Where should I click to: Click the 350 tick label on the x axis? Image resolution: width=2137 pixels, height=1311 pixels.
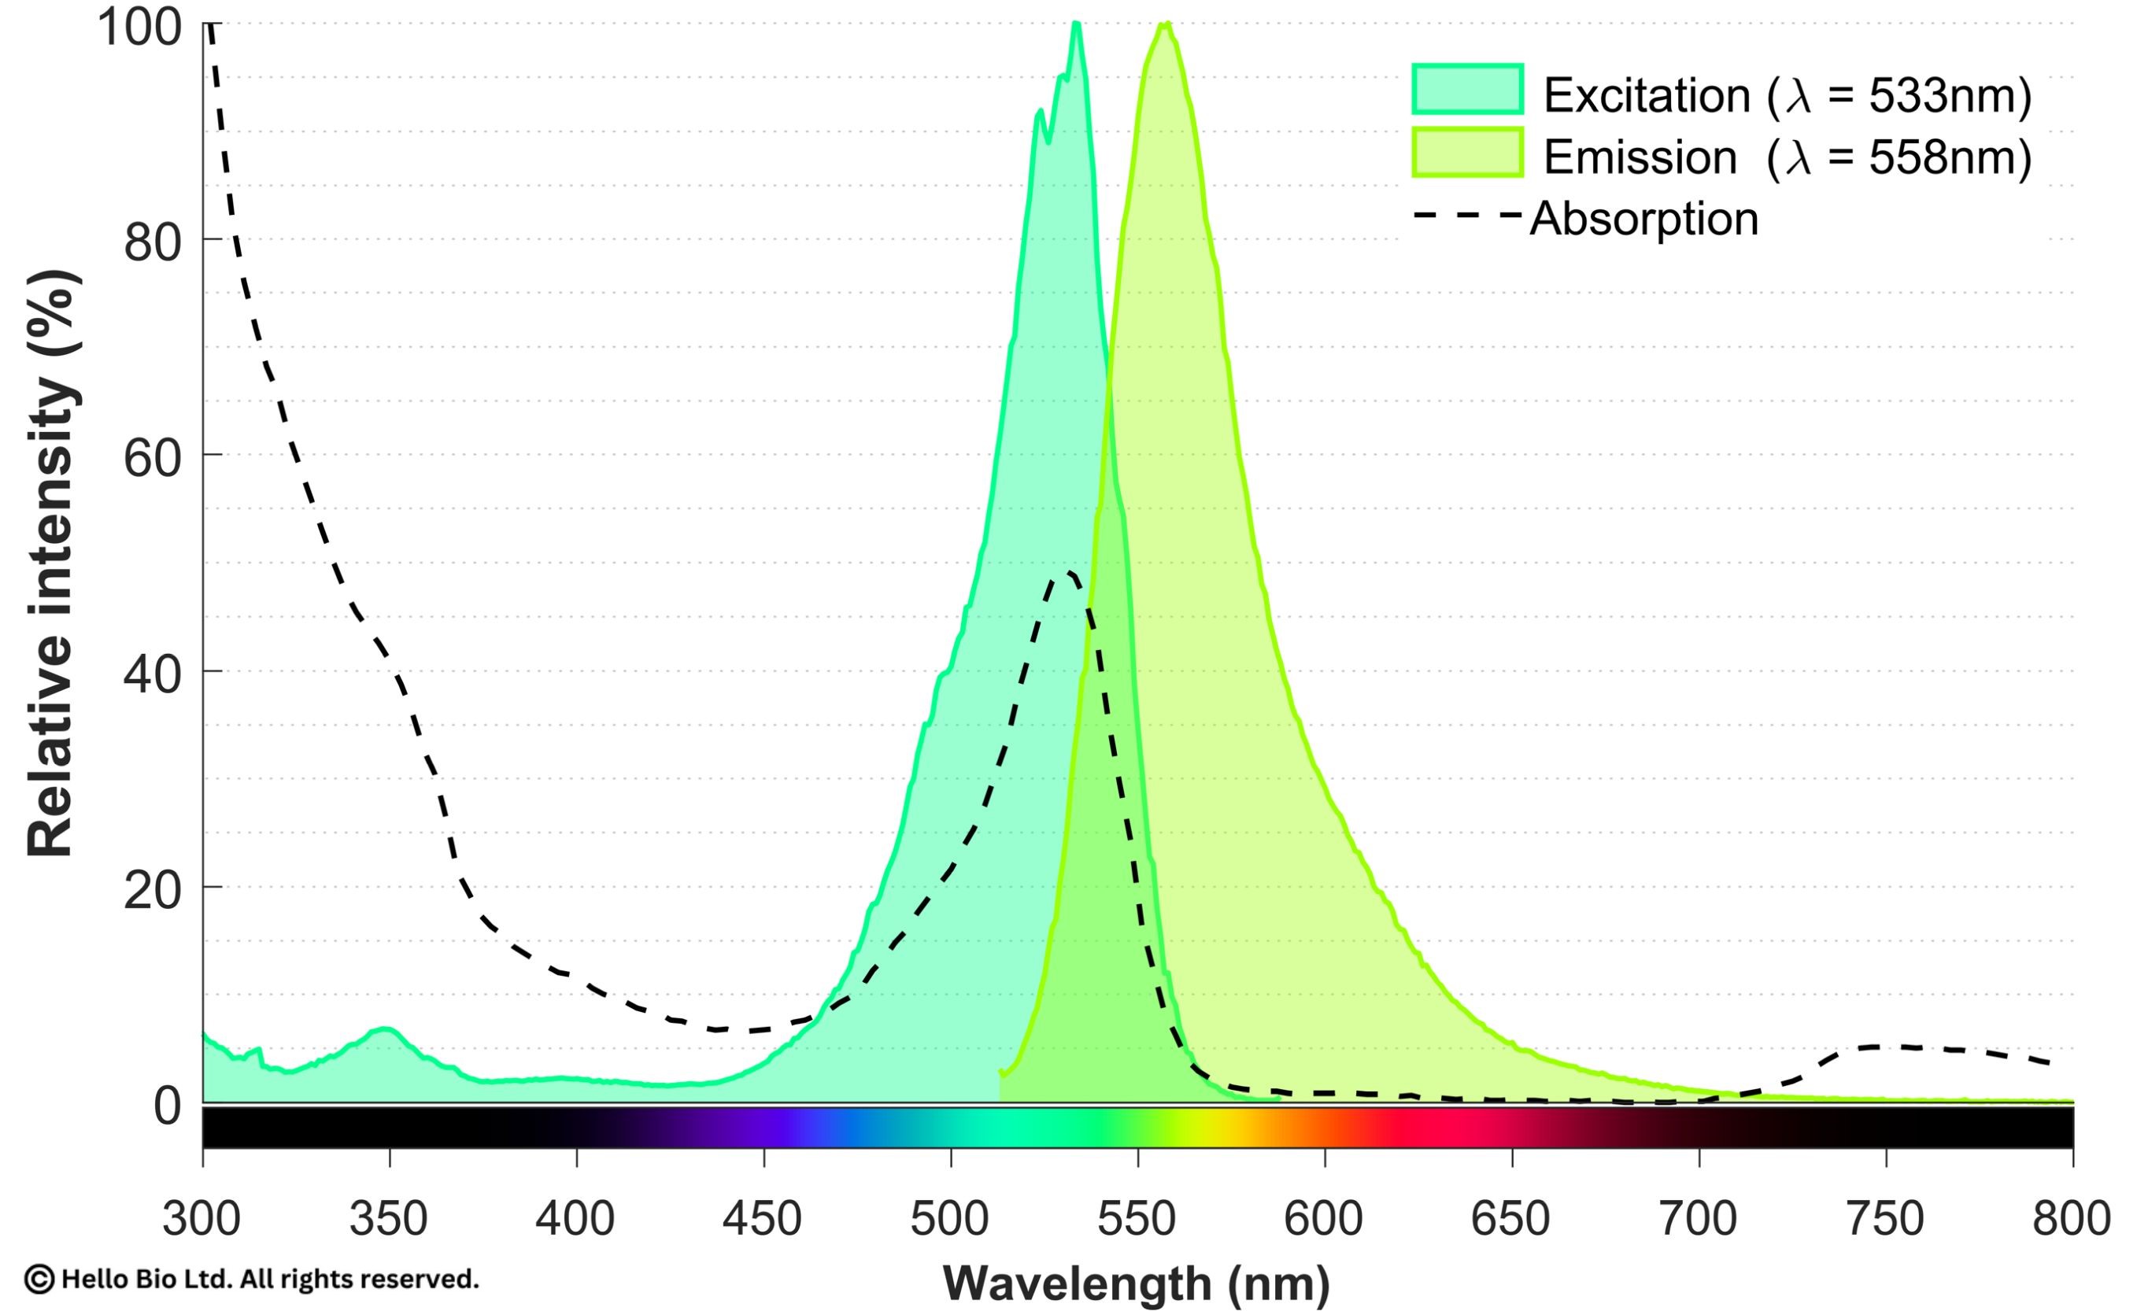[389, 1219]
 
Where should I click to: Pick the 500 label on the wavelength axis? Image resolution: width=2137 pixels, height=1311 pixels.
[950, 1219]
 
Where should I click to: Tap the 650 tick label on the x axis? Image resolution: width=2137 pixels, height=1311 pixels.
[1510, 1219]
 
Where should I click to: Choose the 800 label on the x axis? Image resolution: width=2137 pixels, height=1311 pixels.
[2071, 1219]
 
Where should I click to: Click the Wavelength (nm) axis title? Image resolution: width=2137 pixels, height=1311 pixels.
[1136, 1283]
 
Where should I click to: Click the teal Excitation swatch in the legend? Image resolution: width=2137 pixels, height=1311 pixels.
[1467, 89]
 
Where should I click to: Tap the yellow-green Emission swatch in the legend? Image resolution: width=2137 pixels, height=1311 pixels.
[1467, 153]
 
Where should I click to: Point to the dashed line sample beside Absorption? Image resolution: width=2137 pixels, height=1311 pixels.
[1467, 215]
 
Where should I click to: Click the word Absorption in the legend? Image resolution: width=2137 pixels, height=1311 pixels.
[1644, 219]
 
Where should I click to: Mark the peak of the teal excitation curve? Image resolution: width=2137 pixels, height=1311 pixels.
[1075, 24]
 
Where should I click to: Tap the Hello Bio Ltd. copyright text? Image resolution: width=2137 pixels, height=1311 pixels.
[252, 1279]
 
